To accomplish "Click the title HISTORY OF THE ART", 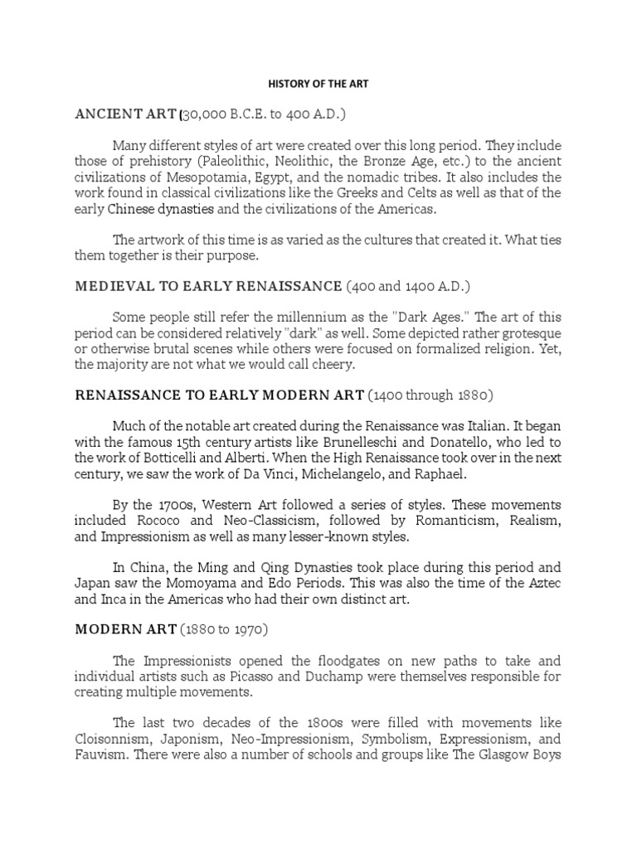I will coord(318,84).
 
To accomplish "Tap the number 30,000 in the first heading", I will coord(207,113).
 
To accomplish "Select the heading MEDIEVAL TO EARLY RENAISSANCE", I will coord(208,287).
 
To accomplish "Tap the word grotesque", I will coord(528,332).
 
